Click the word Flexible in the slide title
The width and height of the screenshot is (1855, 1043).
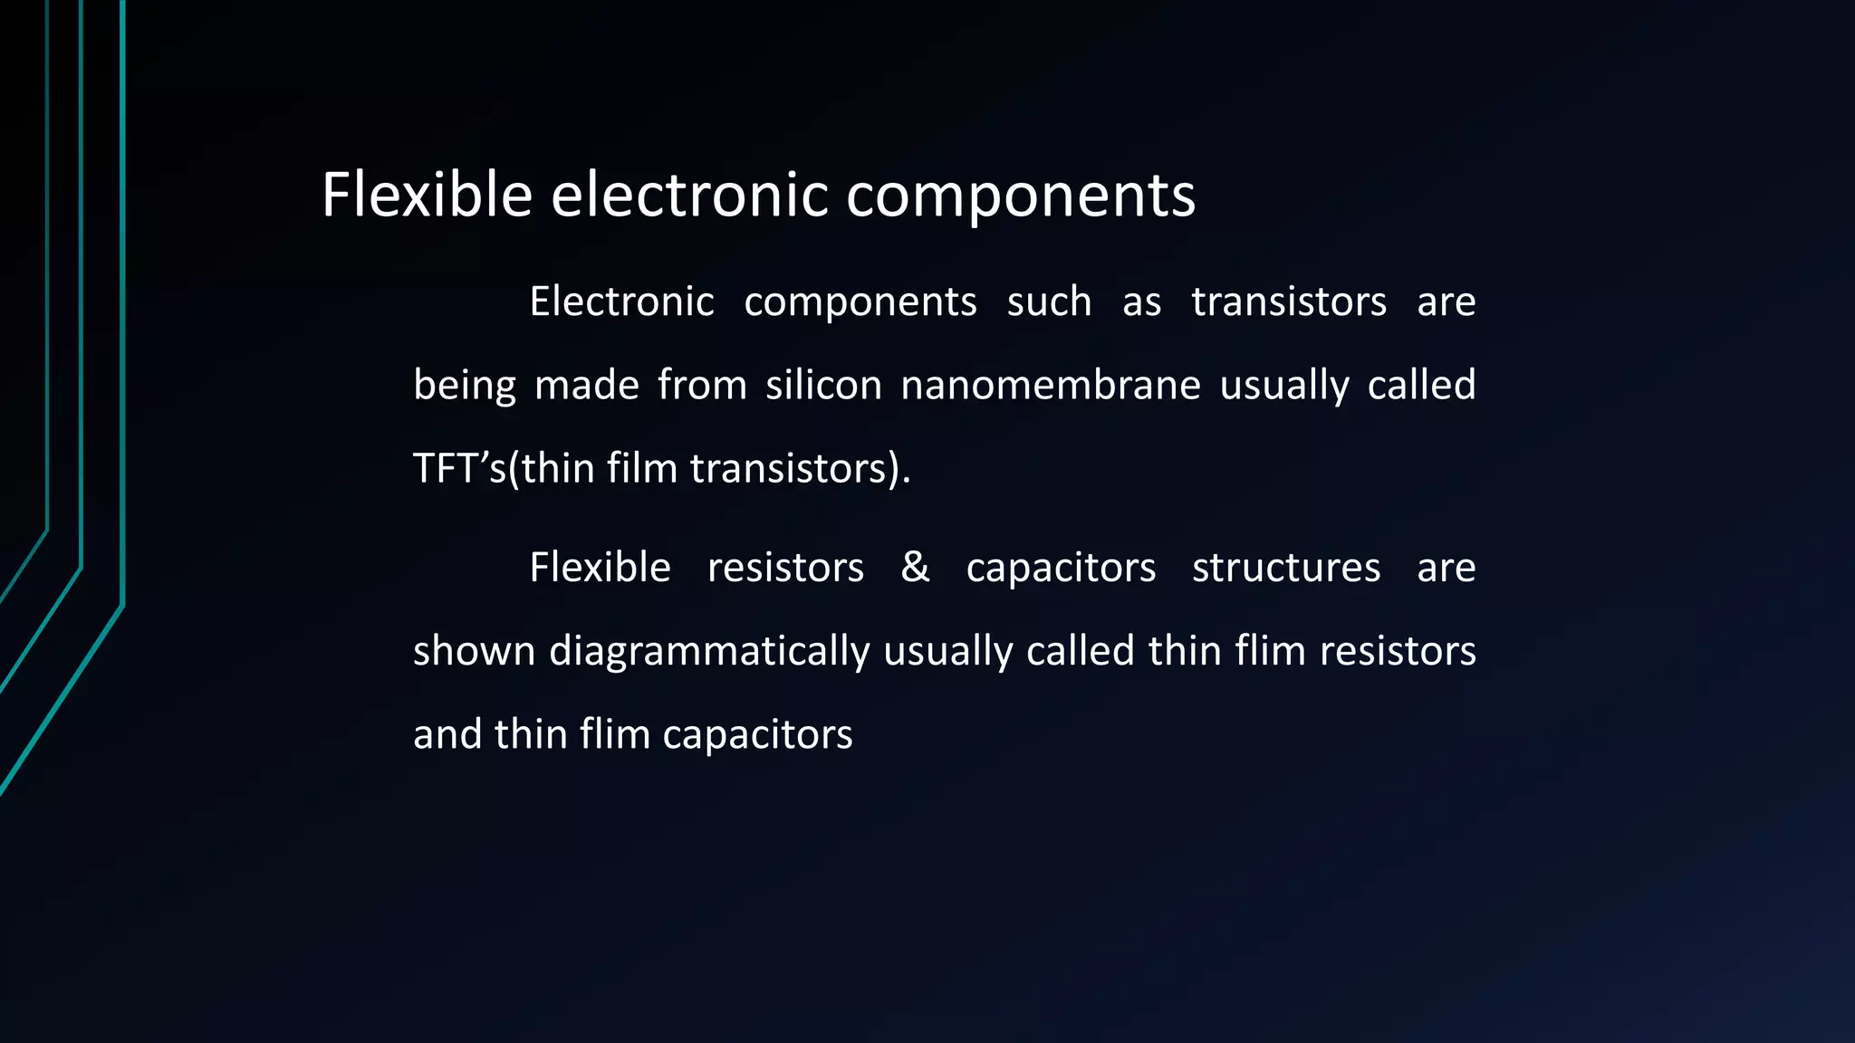[x=427, y=195]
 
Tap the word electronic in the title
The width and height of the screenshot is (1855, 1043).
[x=689, y=195]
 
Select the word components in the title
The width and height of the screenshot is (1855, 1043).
[x=1020, y=196]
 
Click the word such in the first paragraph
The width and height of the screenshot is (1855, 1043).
[x=1049, y=301]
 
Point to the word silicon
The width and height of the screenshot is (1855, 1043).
[x=823, y=385]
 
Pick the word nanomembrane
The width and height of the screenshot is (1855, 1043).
[x=1051, y=385]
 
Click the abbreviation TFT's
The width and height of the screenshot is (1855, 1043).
[x=459, y=468]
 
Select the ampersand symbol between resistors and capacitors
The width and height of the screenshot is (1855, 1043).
[x=915, y=568]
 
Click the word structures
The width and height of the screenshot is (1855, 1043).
[x=1286, y=568]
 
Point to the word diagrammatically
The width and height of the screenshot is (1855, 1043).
[x=709, y=652]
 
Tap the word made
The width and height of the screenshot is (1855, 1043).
[x=587, y=385]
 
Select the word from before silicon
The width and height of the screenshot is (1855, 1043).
[x=702, y=385]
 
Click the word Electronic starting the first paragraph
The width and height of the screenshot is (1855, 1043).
[x=621, y=301]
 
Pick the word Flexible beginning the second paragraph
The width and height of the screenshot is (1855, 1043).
[x=600, y=568]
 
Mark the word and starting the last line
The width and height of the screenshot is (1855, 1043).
[x=447, y=734]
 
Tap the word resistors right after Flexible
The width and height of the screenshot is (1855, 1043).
[x=785, y=568]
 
